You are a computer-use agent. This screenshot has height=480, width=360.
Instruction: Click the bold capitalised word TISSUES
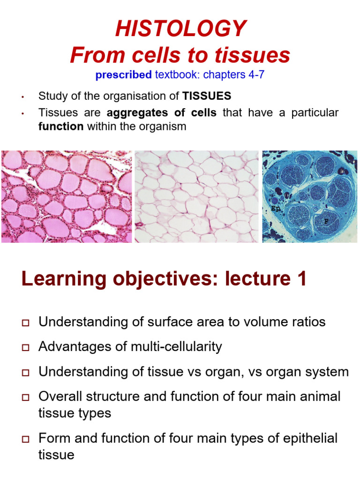tap(207, 97)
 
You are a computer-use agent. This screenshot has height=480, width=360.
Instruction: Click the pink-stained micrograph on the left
tap(66, 196)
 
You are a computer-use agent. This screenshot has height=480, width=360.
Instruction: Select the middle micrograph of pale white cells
tap(196, 196)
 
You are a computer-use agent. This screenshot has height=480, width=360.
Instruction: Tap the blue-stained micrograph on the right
tap(309, 196)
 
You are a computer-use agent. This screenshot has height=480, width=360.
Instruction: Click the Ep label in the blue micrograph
tap(275, 207)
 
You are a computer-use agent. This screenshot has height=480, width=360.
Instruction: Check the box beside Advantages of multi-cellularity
tap(25, 348)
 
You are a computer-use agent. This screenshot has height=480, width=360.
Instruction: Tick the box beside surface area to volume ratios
tap(25, 323)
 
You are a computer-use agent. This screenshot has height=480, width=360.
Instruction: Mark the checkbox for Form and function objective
tap(25, 440)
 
